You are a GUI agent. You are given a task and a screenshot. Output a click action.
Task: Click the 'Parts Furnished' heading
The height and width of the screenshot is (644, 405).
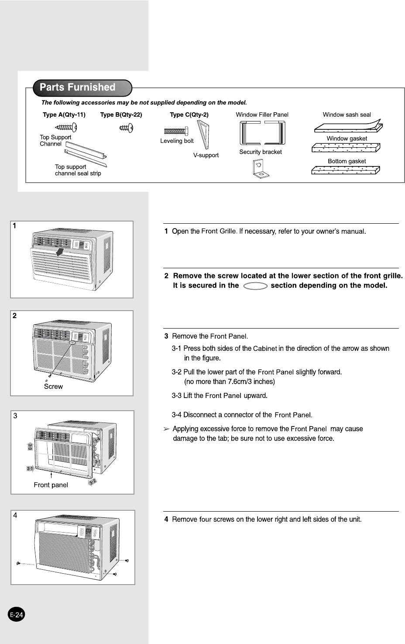click(78, 87)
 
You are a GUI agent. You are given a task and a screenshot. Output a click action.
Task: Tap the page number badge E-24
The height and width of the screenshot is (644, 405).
click(17, 615)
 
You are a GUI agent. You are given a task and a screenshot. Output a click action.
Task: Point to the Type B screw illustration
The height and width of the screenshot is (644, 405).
click(126, 128)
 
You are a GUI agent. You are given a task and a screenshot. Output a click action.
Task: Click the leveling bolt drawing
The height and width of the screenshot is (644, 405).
click(176, 131)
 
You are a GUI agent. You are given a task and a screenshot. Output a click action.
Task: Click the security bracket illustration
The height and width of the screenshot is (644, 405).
click(261, 169)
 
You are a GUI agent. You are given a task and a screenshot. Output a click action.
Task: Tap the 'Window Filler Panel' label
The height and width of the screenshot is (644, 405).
click(262, 115)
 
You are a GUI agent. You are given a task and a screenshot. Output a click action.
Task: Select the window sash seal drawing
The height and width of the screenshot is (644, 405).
click(348, 127)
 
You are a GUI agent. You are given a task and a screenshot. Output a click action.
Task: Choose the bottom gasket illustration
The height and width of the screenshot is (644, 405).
click(345, 170)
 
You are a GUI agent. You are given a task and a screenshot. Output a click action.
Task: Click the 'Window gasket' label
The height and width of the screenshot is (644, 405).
click(347, 138)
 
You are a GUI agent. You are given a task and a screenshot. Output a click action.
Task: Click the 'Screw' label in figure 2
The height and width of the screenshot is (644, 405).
click(53, 387)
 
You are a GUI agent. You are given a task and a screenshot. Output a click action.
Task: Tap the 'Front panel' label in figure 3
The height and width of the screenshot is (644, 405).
click(51, 485)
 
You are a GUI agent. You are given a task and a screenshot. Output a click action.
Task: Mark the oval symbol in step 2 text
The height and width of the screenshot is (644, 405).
click(255, 286)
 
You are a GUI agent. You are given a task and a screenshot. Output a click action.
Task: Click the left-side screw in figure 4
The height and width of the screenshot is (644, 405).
click(18, 563)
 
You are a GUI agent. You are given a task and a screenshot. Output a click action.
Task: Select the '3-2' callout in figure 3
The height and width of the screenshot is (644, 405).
click(93, 481)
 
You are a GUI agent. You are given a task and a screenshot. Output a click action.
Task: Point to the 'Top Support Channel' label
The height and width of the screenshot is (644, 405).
click(55, 140)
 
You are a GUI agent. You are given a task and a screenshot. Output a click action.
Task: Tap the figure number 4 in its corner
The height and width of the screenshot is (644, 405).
click(15, 516)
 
